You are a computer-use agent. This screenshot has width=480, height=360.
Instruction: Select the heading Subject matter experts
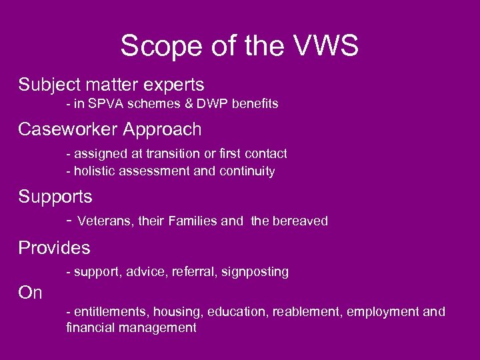111,85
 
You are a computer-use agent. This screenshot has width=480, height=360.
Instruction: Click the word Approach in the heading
169,128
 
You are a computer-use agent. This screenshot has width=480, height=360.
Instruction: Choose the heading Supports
55,197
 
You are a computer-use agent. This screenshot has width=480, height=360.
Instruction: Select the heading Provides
54,248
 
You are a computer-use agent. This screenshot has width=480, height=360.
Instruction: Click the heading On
31,293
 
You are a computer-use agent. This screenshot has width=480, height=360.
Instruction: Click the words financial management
131,327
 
